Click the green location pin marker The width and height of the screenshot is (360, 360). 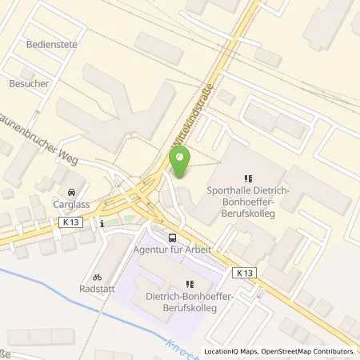181,163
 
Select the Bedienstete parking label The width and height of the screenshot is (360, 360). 51,45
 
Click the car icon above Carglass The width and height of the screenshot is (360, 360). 72,192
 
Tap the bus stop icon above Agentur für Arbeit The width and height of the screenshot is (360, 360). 172,238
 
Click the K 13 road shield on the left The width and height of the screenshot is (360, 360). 67,226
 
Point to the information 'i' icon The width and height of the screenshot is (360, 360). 102,225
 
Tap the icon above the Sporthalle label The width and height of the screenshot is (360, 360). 248,179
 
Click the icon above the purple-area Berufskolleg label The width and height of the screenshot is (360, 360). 190,284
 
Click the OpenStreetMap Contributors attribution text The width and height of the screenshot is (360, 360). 314,351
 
